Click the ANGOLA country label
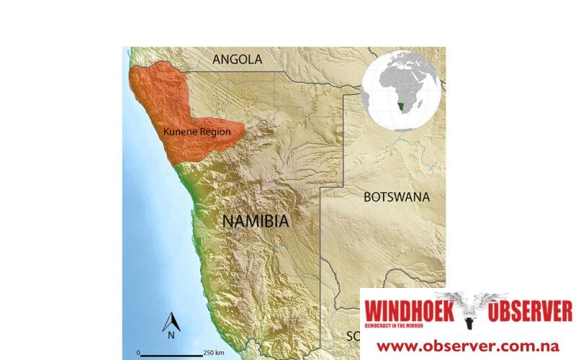(x=237, y=60)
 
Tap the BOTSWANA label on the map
(x=396, y=197)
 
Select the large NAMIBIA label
(x=255, y=221)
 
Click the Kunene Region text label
(x=197, y=132)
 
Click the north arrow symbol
(x=171, y=321)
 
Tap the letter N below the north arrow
(x=171, y=335)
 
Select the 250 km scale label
(x=214, y=352)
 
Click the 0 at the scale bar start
(x=137, y=352)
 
